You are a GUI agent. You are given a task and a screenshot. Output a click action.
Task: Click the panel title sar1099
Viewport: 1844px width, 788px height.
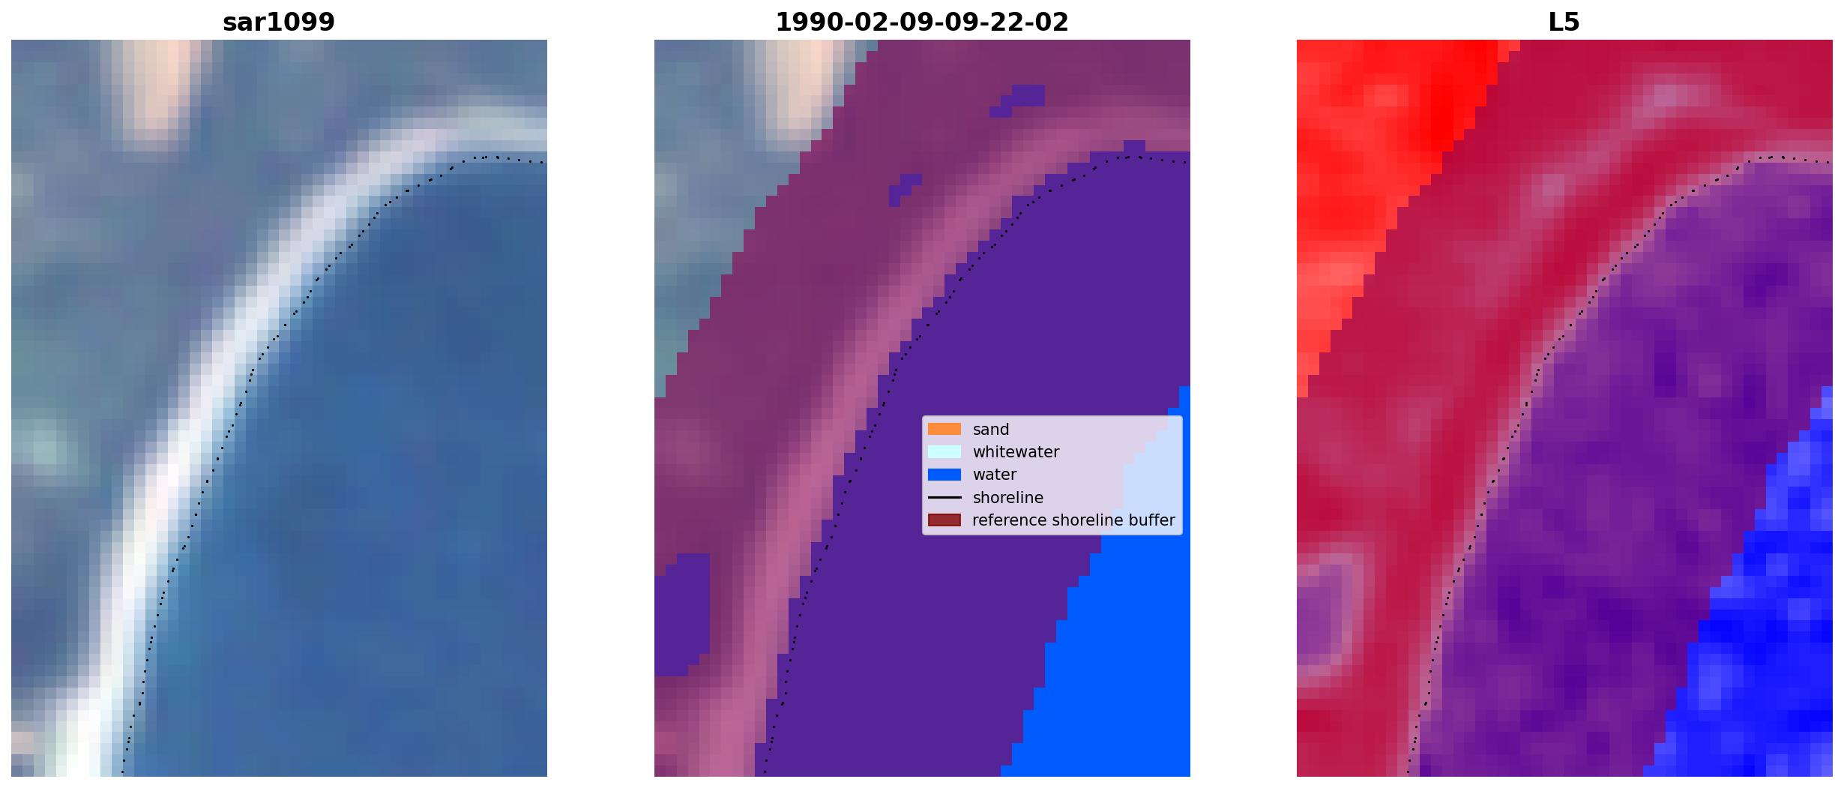(x=279, y=22)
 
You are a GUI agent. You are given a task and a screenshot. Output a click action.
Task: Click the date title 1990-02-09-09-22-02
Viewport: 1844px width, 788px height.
(x=922, y=22)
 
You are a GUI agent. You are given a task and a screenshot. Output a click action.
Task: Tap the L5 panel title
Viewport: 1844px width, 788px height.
(x=1564, y=22)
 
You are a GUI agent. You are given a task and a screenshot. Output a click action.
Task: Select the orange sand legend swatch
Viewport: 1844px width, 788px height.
(x=944, y=429)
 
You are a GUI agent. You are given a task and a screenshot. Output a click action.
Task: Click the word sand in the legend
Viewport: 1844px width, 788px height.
(x=991, y=430)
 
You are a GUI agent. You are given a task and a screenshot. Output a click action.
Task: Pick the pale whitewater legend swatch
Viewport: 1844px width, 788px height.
(x=944, y=451)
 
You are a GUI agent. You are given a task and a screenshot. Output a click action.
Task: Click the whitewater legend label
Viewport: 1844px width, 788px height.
(x=1016, y=452)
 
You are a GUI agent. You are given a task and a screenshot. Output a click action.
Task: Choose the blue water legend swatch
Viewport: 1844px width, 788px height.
(x=944, y=474)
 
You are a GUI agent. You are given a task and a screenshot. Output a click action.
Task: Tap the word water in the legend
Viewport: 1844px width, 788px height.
(x=995, y=475)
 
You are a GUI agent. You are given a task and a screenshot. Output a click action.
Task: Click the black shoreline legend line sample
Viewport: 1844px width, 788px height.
(x=944, y=497)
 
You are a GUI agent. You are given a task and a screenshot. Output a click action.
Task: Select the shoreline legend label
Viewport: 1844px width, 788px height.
(x=1008, y=498)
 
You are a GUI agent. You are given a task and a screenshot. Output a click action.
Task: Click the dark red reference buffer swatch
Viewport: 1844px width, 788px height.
(x=944, y=520)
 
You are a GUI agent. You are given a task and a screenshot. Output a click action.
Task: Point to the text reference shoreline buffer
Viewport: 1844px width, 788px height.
(x=1073, y=520)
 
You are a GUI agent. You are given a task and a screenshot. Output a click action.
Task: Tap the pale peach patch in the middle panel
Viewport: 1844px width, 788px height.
(x=806, y=82)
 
